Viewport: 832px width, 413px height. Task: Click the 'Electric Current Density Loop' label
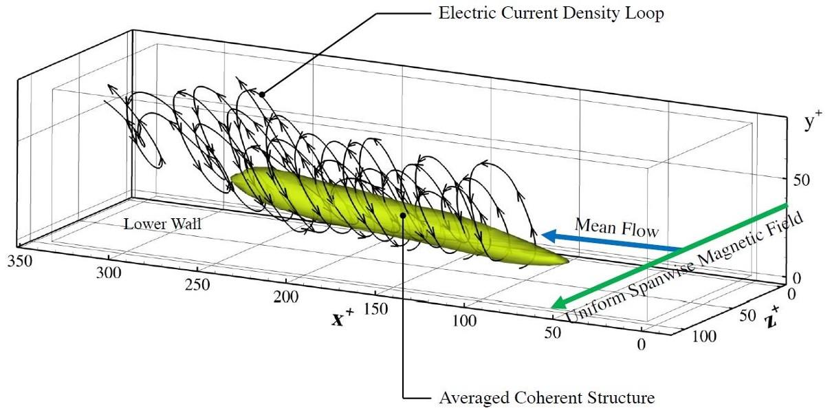[551, 13]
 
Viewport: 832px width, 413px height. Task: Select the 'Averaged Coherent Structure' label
[547, 398]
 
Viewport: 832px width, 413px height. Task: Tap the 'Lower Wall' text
[162, 224]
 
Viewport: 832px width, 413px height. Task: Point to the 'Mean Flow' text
[617, 228]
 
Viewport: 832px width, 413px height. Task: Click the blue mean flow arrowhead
[549, 235]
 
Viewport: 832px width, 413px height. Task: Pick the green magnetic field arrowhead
[560, 302]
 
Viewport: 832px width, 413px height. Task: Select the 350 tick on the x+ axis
[20, 261]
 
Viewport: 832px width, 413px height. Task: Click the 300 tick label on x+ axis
[109, 273]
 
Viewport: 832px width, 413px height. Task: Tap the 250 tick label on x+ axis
[197, 285]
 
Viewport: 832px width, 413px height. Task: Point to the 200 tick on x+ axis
[286, 297]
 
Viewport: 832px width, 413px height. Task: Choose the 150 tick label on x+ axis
[375, 308]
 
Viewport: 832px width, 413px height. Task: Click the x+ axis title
[342, 317]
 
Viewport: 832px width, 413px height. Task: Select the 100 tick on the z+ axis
[704, 337]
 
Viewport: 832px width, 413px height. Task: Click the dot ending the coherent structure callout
[403, 215]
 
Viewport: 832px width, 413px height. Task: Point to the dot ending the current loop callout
[262, 94]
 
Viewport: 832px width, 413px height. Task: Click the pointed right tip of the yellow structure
[568, 261]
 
